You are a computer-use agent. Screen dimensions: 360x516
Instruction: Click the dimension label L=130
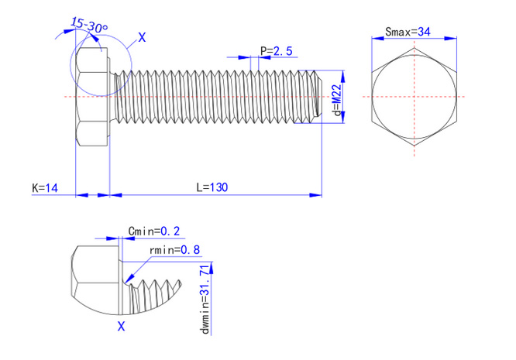pyautogui.click(x=212, y=187)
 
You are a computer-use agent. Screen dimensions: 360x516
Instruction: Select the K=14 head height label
pyautogui.click(x=46, y=187)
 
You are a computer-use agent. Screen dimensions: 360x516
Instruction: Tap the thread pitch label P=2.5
pyautogui.click(x=277, y=51)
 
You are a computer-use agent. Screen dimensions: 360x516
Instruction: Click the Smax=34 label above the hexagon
pyautogui.click(x=408, y=32)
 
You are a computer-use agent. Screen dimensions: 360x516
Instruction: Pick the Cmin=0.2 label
pyautogui.click(x=153, y=231)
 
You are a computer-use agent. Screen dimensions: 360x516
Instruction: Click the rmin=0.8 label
pyautogui.click(x=174, y=250)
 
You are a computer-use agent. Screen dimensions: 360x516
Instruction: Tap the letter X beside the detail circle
pyautogui.click(x=141, y=36)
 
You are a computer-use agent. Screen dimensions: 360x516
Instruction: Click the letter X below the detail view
pyautogui.click(x=121, y=327)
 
